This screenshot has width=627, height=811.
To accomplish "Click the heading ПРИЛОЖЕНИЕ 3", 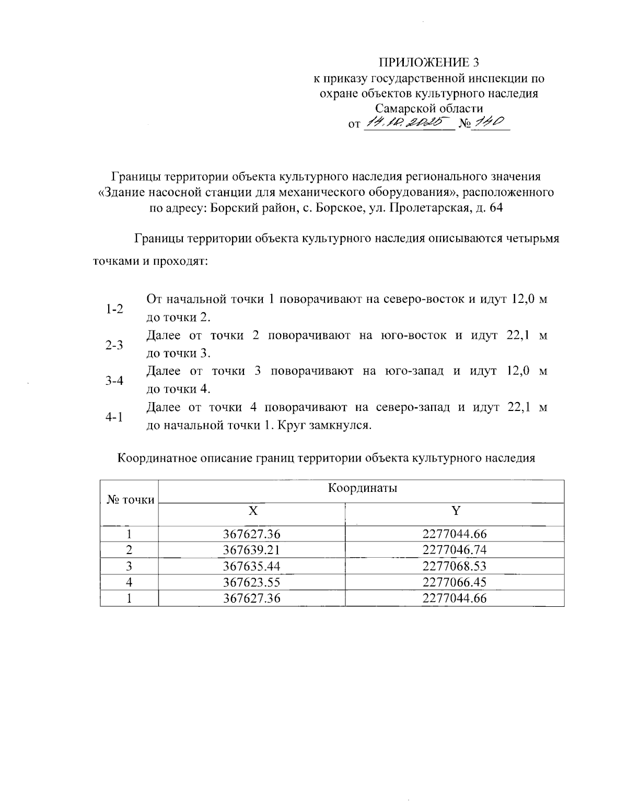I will (x=428, y=63).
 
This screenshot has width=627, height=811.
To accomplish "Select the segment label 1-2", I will (x=114, y=309).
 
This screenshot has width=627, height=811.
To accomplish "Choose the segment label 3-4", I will (x=114, y=381).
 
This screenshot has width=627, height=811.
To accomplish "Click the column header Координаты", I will (x=362, y=489).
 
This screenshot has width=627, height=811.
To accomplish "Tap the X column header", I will (x=252, y=511).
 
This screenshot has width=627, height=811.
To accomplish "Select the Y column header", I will (x=456, y=511).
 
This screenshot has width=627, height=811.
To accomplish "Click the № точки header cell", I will (x=130, y=500).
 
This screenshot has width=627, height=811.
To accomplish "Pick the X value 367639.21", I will (x=251, y=550).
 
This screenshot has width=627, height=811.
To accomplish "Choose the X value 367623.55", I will (x=251, y=582).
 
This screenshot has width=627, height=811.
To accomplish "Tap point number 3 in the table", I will (x=129, y=566).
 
